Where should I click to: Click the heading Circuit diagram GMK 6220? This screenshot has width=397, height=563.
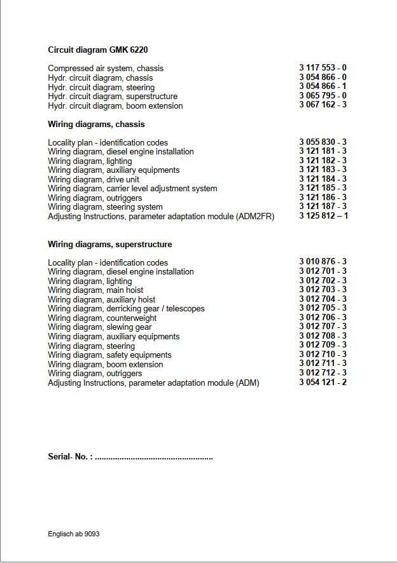[x=98, y=50]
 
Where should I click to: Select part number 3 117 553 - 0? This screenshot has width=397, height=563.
[x=323, y=67]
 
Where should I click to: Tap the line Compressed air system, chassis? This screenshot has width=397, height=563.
[x=106, y=69]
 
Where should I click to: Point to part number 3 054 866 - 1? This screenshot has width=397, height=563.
[x=323, y=86]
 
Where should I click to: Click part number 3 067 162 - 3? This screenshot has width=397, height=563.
[x=323, y=105]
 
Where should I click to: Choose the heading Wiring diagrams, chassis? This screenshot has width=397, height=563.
[x=96, y=125]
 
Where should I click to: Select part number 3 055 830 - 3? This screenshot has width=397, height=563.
[x=323, y=142]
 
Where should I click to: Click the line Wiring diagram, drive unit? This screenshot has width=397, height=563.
[x=93, y=180]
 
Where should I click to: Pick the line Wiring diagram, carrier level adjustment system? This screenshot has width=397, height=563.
[x=132, y=189]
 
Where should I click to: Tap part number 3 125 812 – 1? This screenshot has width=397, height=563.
[x=323, y=216]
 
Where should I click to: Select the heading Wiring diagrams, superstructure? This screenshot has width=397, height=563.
[x=110, y=245]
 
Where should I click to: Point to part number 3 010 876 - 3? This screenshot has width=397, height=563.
[x=323, y=262]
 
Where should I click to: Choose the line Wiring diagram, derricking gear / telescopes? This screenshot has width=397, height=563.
[x=126, y=309]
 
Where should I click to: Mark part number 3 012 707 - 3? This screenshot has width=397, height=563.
[x=323, y=327]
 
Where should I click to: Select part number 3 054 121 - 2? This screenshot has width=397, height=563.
[x=323, y=383]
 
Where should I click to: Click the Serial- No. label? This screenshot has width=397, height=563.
[x=70, y=457]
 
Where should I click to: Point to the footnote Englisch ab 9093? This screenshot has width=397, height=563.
[x=73, y=534]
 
